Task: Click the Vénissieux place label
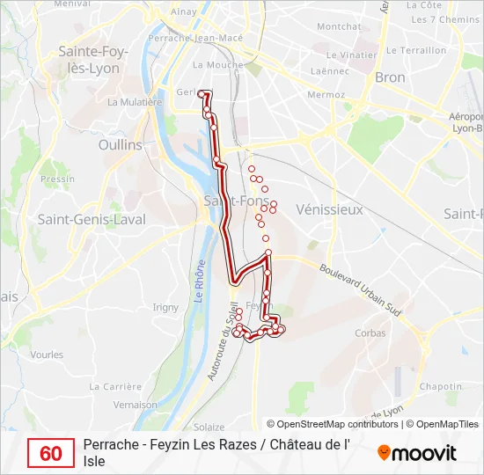(329, 210)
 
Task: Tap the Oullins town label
(121, 144)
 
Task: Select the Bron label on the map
(390, 77)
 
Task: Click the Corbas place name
(370, 333)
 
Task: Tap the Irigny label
(165, 307)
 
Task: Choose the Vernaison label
(136, 406)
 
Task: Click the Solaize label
(209, 426)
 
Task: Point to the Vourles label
(47, 354)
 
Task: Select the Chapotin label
(441, 386)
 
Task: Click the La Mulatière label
(135, 102)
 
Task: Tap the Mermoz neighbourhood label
(326, 94)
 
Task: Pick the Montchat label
(338, 26)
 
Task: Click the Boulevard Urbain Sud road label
(361, 290)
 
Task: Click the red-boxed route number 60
(51, 453)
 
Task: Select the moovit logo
(416, 453)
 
